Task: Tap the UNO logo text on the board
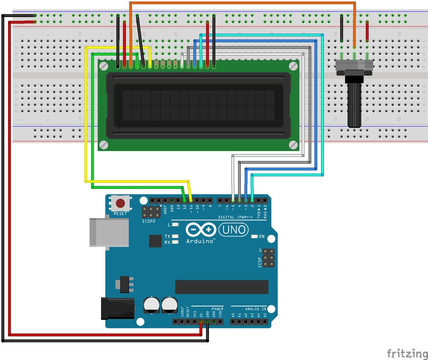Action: coord(234,230)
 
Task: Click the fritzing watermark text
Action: coord(407,354)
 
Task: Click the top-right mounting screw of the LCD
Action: coord(293,66)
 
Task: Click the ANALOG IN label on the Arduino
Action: coord(256,309)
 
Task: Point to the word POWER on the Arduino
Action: coord(217,309)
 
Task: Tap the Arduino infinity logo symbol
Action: coord(201,230)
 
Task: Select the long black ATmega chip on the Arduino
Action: coord(221,287)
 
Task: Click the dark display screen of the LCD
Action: coord(198,105)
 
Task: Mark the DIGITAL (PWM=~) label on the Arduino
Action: coord(235,217)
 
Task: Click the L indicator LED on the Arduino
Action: coord(175,224)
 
